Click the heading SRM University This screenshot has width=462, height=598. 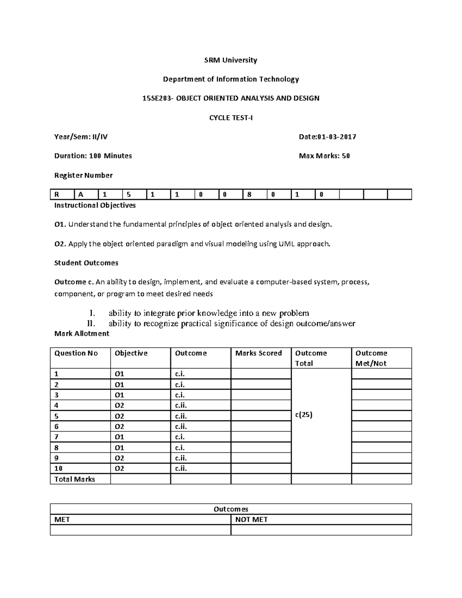pos(231,60)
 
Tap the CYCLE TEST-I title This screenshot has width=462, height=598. pos(231,118)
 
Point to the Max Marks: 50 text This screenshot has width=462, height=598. pos(324,156)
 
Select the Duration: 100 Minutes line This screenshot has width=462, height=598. pos(93,156)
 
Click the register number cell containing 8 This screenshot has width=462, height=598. pos(254,195)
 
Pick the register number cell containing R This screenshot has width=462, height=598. pos(62,195)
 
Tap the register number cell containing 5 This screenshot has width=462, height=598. pos(134,195)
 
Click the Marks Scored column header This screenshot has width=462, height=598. pos(259,353)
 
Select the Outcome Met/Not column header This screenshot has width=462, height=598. pos(381,358)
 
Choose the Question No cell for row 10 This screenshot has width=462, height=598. pos(80,469)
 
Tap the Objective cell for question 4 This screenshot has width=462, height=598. pos(140,405)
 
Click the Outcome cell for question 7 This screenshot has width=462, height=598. pos(200,437)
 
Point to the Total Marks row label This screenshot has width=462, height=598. pos(75,479)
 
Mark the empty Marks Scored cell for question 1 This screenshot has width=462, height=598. pos(261,374)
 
